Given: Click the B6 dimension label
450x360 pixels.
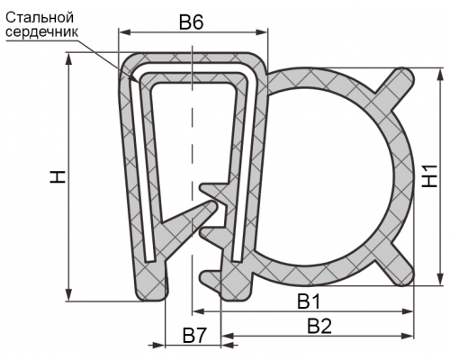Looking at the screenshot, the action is (x=191, y=22).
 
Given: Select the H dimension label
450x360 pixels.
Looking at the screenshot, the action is (x=58, y=176).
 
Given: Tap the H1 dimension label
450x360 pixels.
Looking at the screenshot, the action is (x=429, y=176).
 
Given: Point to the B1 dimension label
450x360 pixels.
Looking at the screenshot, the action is (x=309, y=301).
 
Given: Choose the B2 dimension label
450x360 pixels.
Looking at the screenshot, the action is (x=319, y=326).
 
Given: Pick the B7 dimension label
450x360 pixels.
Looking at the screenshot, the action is (x=195, y=336).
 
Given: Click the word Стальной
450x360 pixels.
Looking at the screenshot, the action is (x=40, y=18).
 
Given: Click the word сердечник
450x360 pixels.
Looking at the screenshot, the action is (x=41, y=31).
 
